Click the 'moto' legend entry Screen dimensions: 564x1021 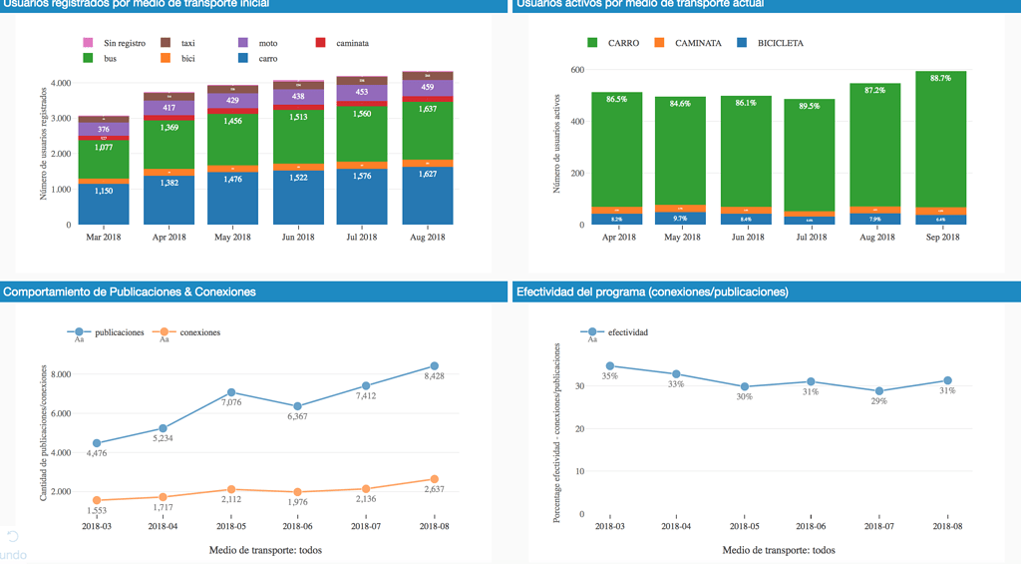tap(267, 43)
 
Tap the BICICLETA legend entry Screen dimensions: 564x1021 tap(780, 43)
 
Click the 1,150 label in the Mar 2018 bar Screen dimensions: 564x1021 tap(104, 190)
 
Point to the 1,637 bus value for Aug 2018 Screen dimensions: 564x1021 tap(427, 110)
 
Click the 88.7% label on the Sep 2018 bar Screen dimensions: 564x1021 tap(939, 78)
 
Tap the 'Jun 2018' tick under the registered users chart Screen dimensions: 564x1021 tap(297, 237)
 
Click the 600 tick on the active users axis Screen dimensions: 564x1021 tap(574, 70)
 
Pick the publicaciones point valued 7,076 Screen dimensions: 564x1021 tap(231, 392)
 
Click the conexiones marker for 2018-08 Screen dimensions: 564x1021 tap(435, 479)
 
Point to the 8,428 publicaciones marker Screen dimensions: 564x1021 tap(435, 366)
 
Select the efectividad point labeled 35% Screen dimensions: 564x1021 tap(610, 366)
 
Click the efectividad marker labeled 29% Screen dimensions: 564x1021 tap(879, 391)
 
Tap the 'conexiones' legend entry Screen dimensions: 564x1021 tap(199, 332)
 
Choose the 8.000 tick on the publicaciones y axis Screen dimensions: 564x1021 tap(60, 374)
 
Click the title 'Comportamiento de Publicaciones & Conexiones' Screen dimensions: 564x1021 tap(130, 291)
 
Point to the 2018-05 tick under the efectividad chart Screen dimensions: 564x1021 tap(745, 525)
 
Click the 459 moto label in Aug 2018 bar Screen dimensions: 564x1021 tap(427, 87)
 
